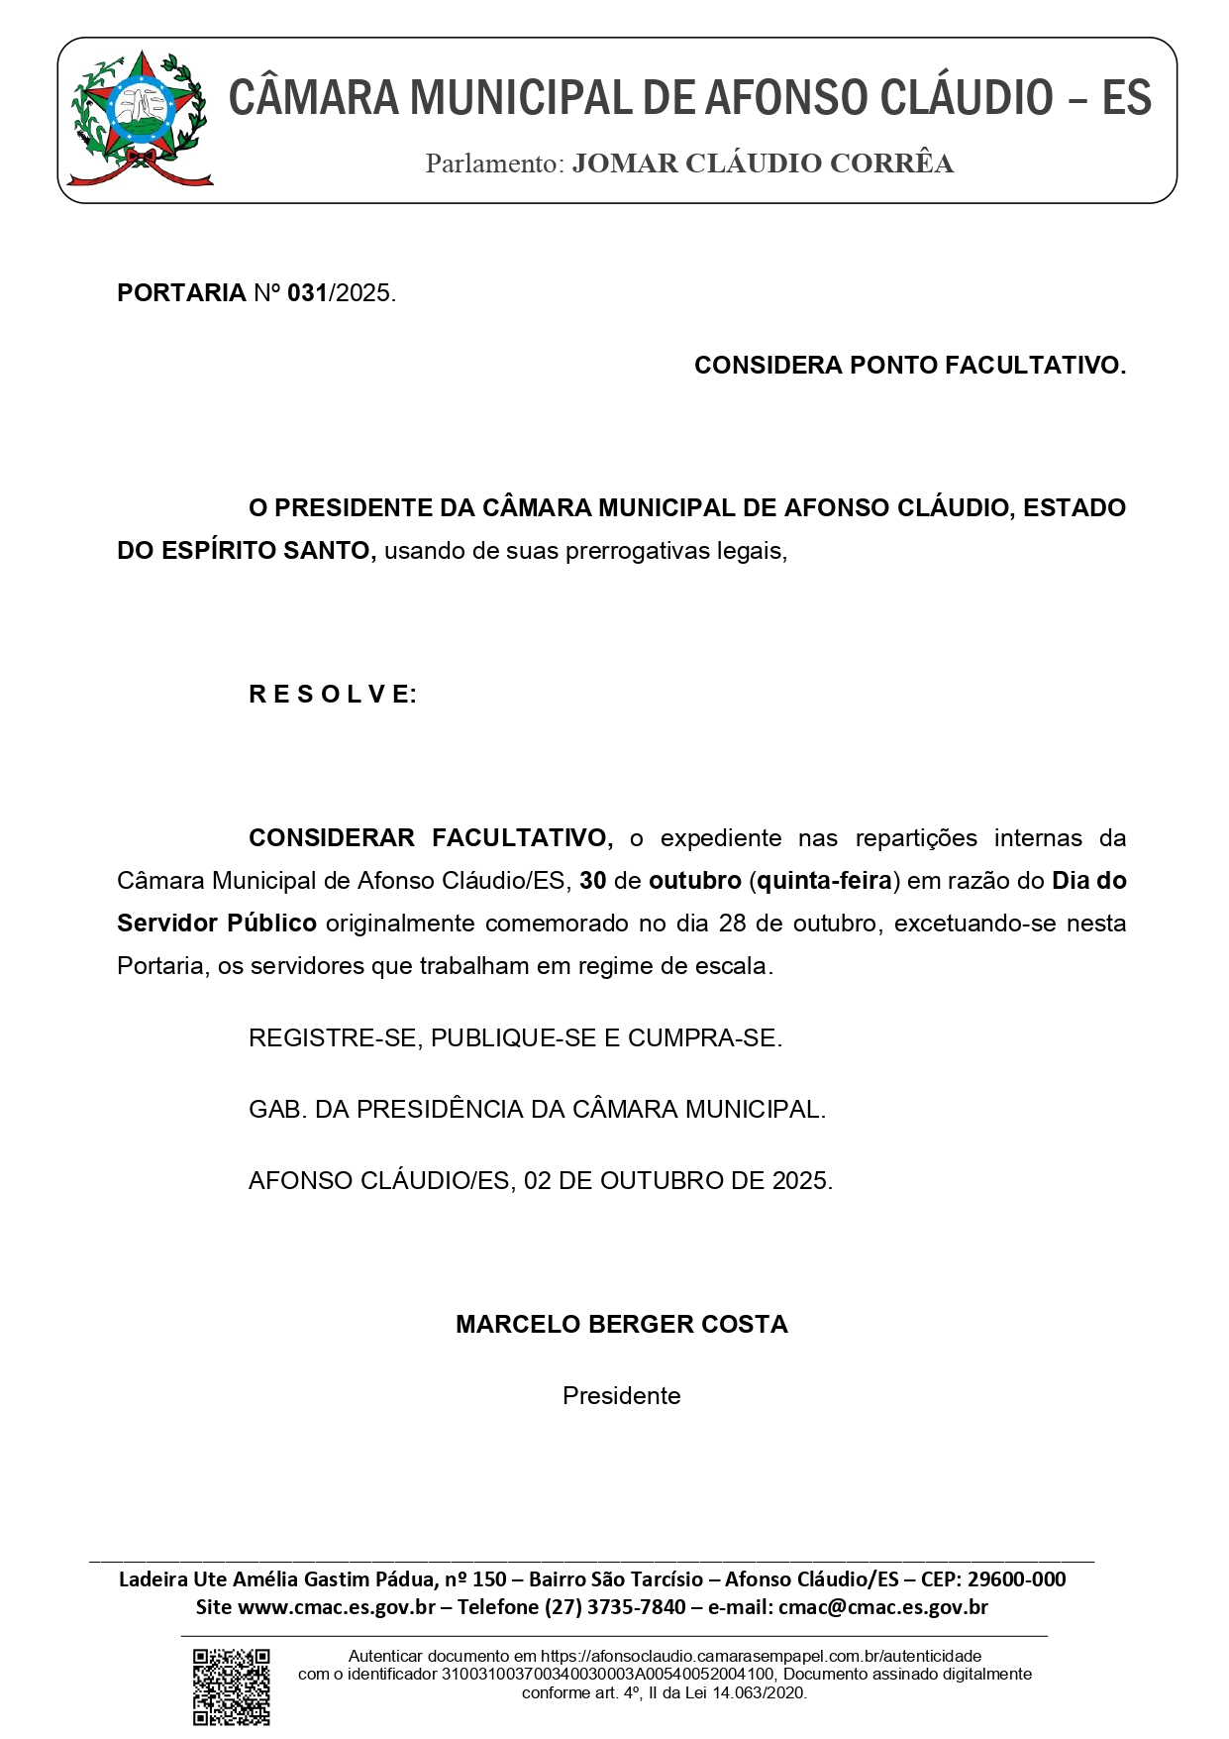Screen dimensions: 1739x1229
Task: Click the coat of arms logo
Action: tap(140, 120)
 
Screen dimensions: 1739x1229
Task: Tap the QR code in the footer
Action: tap(232, 1685)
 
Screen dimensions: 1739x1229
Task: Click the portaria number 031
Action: tap(307, 293)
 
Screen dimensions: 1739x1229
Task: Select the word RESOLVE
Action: tap(333, 695)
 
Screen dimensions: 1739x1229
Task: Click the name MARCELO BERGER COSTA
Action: tap(621, 1325)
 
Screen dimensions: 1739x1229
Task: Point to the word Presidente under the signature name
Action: tap(621, 1396)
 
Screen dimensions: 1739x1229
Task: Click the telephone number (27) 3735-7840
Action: tap(615, 1606)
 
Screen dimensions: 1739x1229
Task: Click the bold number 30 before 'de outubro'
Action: tap(593, 881)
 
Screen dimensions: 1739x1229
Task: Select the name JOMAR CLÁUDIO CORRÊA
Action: tap(763, 163)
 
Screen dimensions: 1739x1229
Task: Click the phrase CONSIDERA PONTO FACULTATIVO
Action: tap(909, 366)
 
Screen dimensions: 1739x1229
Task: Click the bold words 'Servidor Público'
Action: tap(216, 924)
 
